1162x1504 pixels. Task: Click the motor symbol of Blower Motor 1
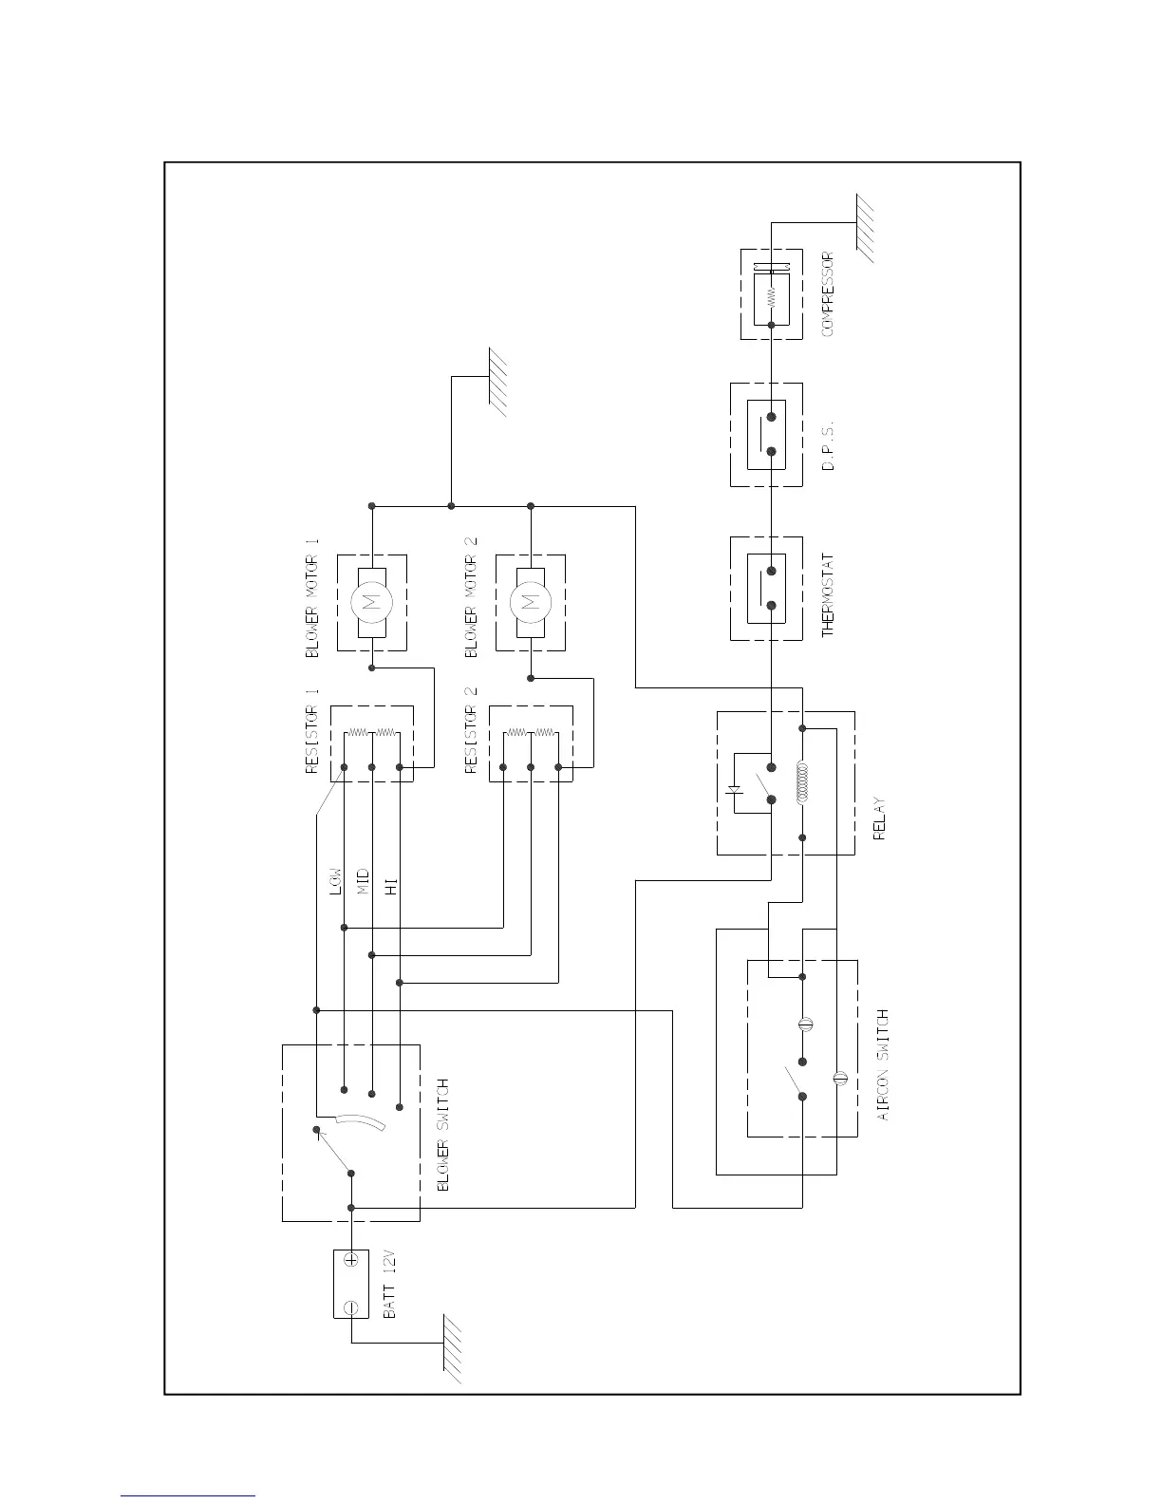[x=371, y=601]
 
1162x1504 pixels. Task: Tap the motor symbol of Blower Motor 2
[x=531, y=601]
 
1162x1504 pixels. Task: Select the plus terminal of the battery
[x=351, y=1259]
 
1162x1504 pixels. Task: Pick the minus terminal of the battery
[x=351, y=1307]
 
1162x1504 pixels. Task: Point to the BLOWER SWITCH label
[x=441, y=1135]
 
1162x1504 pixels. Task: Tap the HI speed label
[x=390, y=887]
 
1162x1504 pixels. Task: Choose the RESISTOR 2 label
[x=472, y=731]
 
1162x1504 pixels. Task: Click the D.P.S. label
[x=828, y=447]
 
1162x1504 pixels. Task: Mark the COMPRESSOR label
[x=828, y=293]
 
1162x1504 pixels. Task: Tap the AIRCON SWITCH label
[x=883, y=1064]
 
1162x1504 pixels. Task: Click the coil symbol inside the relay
[x=803, y=782]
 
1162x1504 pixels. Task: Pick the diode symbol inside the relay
[x=733, y=788]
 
